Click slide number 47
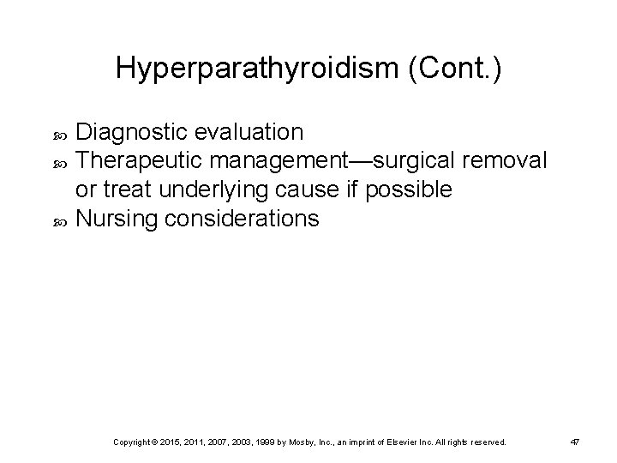(575, 442)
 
